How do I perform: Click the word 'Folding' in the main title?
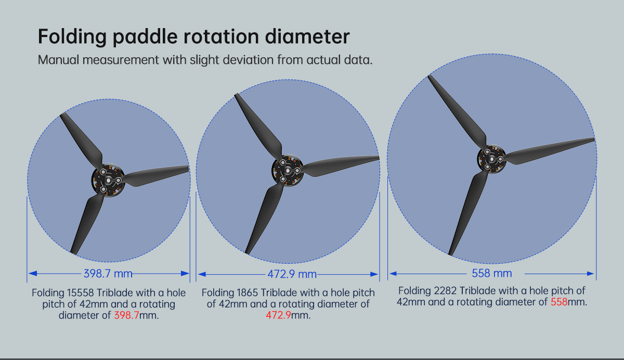pyautogui.click(x=72, y=37)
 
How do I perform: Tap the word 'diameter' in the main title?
pyautogui.click(x=307, y=36)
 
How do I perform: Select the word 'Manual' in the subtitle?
pyautogui.click(x=58, y=60)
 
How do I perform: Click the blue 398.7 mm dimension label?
pyautogui.click(x=108, y=274)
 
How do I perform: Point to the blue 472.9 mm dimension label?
pyautogui.click(x=292, y=274)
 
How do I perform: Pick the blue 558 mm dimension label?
pyautogui.click(x=492, y=273)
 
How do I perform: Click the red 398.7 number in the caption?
pyautogui.click(x=126, y=315)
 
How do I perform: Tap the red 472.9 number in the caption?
pyautogui.click(x=278, y=315)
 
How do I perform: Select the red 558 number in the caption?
pyautogui.click(x=559, y=302)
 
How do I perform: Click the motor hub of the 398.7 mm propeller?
pyautogui.click(x=108, y=181)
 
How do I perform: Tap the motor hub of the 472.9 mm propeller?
pyautogui.click(x=288, y=171)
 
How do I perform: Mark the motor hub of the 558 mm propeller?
pyautogui.click(x=491, y=159)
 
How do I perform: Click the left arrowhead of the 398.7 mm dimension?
pyautogui.click(x=33, y=274)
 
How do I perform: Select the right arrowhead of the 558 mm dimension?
pyautogui.click(x=590, y=274)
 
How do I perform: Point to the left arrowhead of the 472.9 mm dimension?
pyautogui.click(x=202, y=274)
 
